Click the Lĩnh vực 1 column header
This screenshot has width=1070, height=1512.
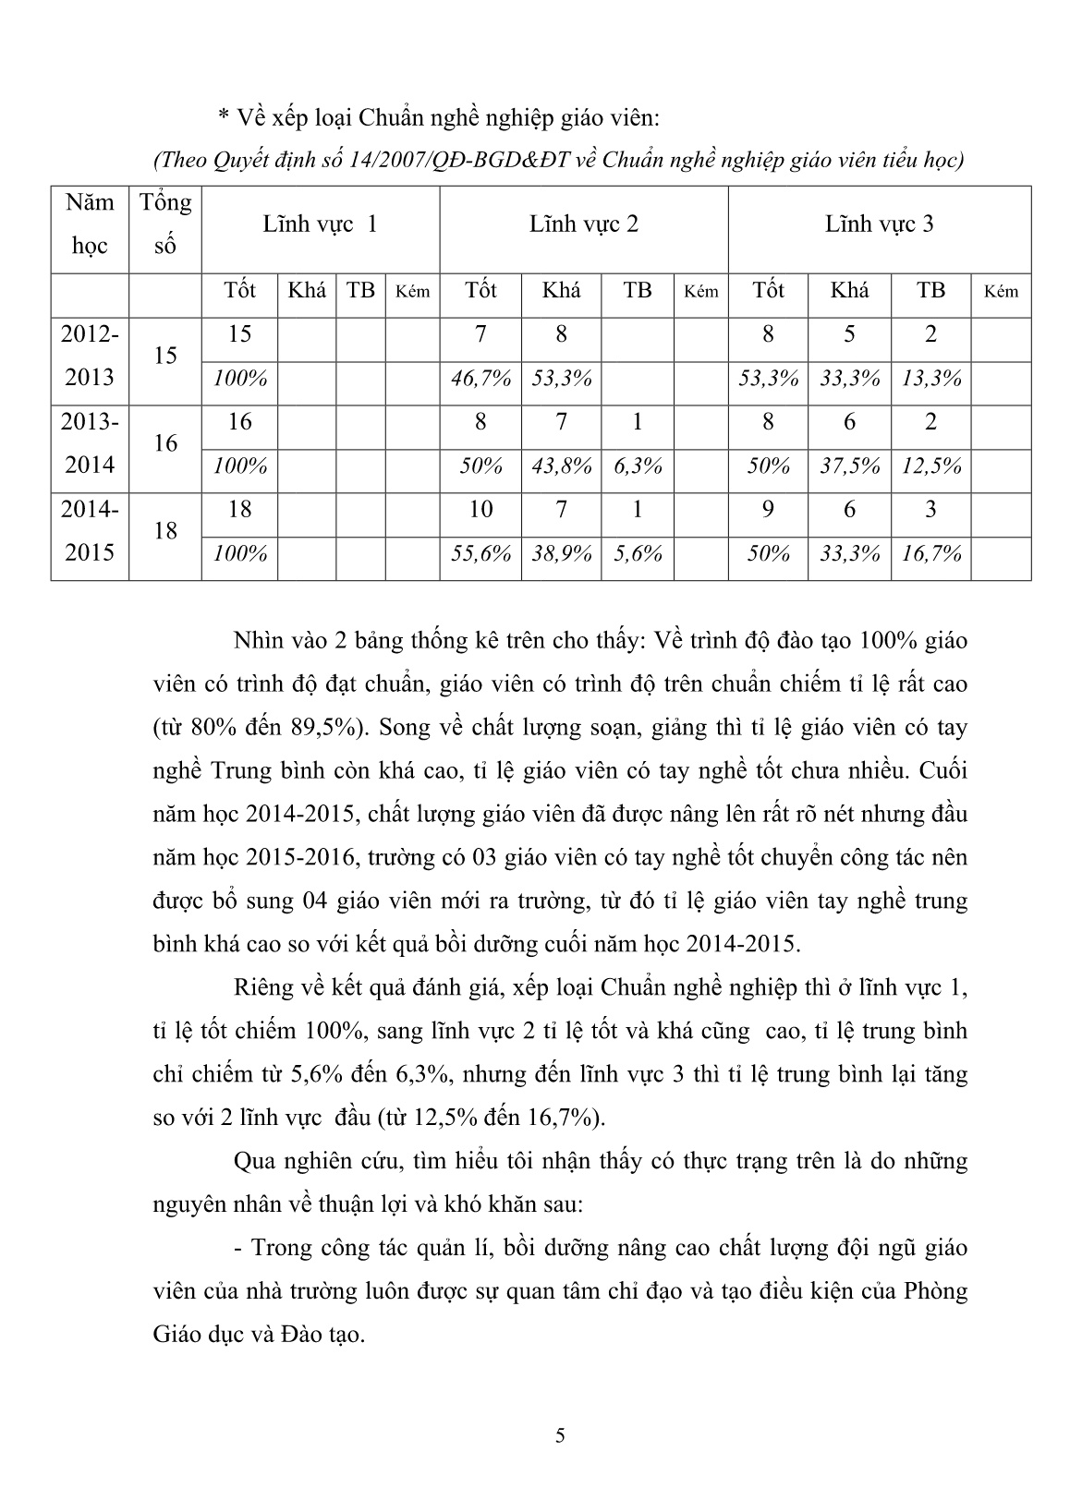320,224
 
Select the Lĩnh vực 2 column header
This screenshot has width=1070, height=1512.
583,224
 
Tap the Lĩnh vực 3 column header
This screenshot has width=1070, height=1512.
879,224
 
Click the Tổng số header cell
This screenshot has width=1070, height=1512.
165,224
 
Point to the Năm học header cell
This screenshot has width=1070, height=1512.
90,224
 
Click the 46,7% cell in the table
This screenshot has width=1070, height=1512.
480,378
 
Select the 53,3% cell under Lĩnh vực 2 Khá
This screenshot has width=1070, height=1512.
561,378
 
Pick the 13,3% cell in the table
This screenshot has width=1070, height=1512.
930,378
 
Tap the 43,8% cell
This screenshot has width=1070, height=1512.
561,466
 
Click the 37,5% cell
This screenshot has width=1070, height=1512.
849,466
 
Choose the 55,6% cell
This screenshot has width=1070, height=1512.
480,553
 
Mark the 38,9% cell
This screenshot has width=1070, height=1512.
561,553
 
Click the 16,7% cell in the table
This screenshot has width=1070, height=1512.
930,553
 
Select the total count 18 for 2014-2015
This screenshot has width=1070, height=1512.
165,531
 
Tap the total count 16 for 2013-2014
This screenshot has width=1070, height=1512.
165,443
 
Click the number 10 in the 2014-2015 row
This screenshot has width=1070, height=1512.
480,510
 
